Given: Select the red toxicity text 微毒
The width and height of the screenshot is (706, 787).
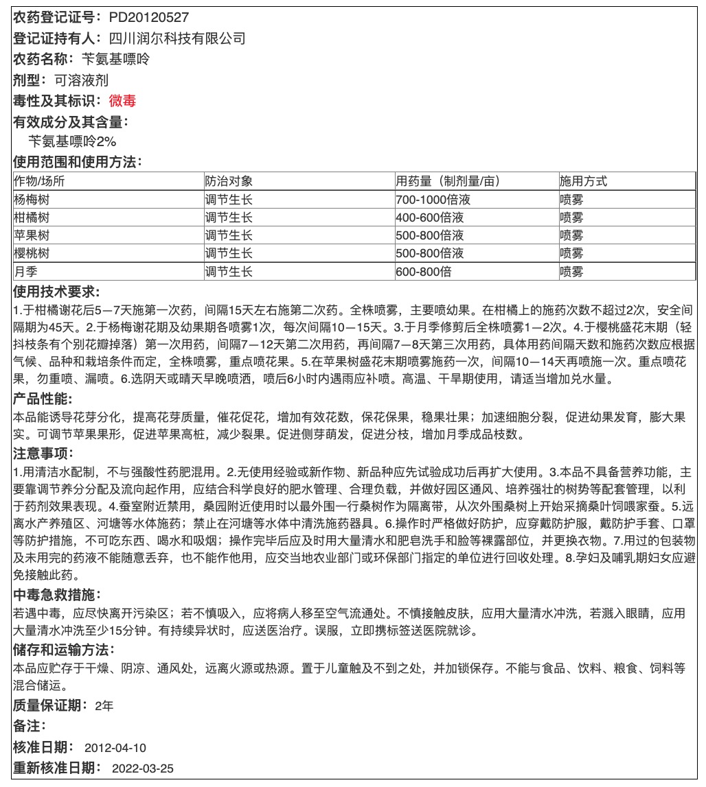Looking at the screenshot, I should click(123, 102).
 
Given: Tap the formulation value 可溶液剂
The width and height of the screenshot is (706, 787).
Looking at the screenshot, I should click(82, 80).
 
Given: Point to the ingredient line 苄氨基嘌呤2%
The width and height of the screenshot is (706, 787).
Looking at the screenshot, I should click(72, 142).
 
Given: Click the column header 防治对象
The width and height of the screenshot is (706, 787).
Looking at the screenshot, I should click(229, 182).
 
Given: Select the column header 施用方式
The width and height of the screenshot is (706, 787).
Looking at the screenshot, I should click(584, 182).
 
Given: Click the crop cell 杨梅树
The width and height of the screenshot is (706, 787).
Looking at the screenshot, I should click(32, 200).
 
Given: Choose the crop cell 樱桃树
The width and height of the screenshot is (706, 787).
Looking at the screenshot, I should click(32, 253).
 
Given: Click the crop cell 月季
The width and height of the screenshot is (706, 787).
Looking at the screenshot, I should click(26, 271).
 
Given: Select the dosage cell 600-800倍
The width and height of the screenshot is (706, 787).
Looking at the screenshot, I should click(424, 271).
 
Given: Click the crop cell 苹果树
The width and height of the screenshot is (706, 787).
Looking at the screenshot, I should click(32, 235).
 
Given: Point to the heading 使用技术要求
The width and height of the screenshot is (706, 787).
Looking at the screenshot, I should click(56, 292).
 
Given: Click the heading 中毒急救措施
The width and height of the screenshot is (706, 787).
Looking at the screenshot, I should click(56, 594).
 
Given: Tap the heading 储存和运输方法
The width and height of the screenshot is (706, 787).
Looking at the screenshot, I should click(63, 649).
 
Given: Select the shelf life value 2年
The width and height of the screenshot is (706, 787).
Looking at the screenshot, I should click(104, 705).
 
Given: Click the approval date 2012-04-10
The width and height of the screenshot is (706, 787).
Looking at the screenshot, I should click(115, 747).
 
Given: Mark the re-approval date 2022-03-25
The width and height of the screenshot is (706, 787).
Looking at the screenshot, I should click(143, 768).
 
